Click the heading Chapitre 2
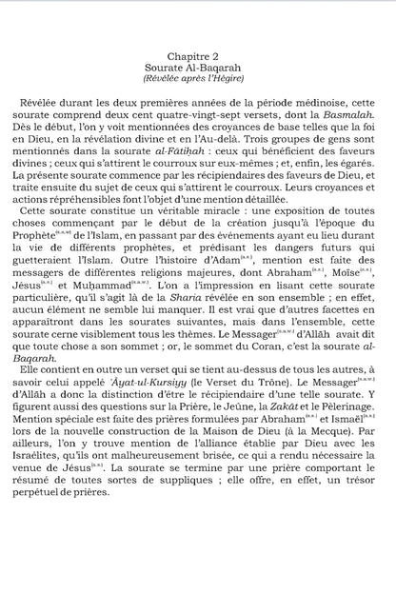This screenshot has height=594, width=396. point(198,57)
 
